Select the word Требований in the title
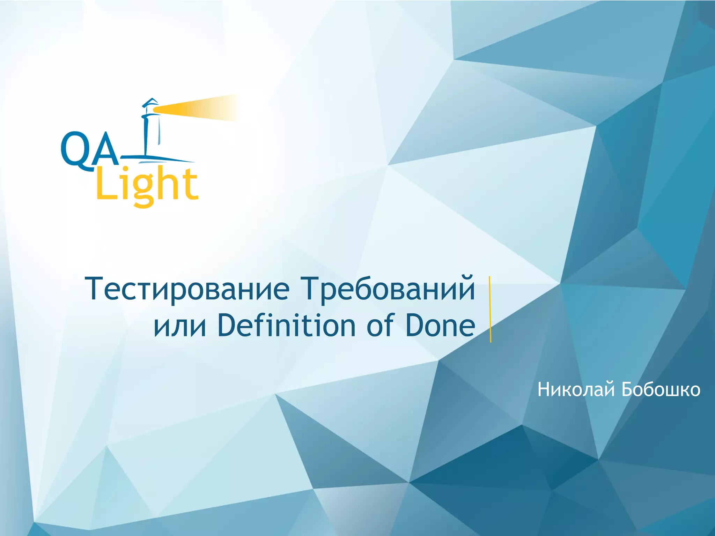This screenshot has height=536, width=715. click(388, 289)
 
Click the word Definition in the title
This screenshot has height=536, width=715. click(286, 325)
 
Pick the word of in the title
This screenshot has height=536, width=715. click(381, 325)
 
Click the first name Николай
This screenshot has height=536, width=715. click(576, 390)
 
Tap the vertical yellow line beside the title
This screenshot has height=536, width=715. click(490, 309)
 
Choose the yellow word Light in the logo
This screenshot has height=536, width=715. click(147, 185)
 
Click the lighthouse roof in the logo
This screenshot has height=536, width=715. click(150, 102)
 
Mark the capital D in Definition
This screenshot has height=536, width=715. click(229, 325)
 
